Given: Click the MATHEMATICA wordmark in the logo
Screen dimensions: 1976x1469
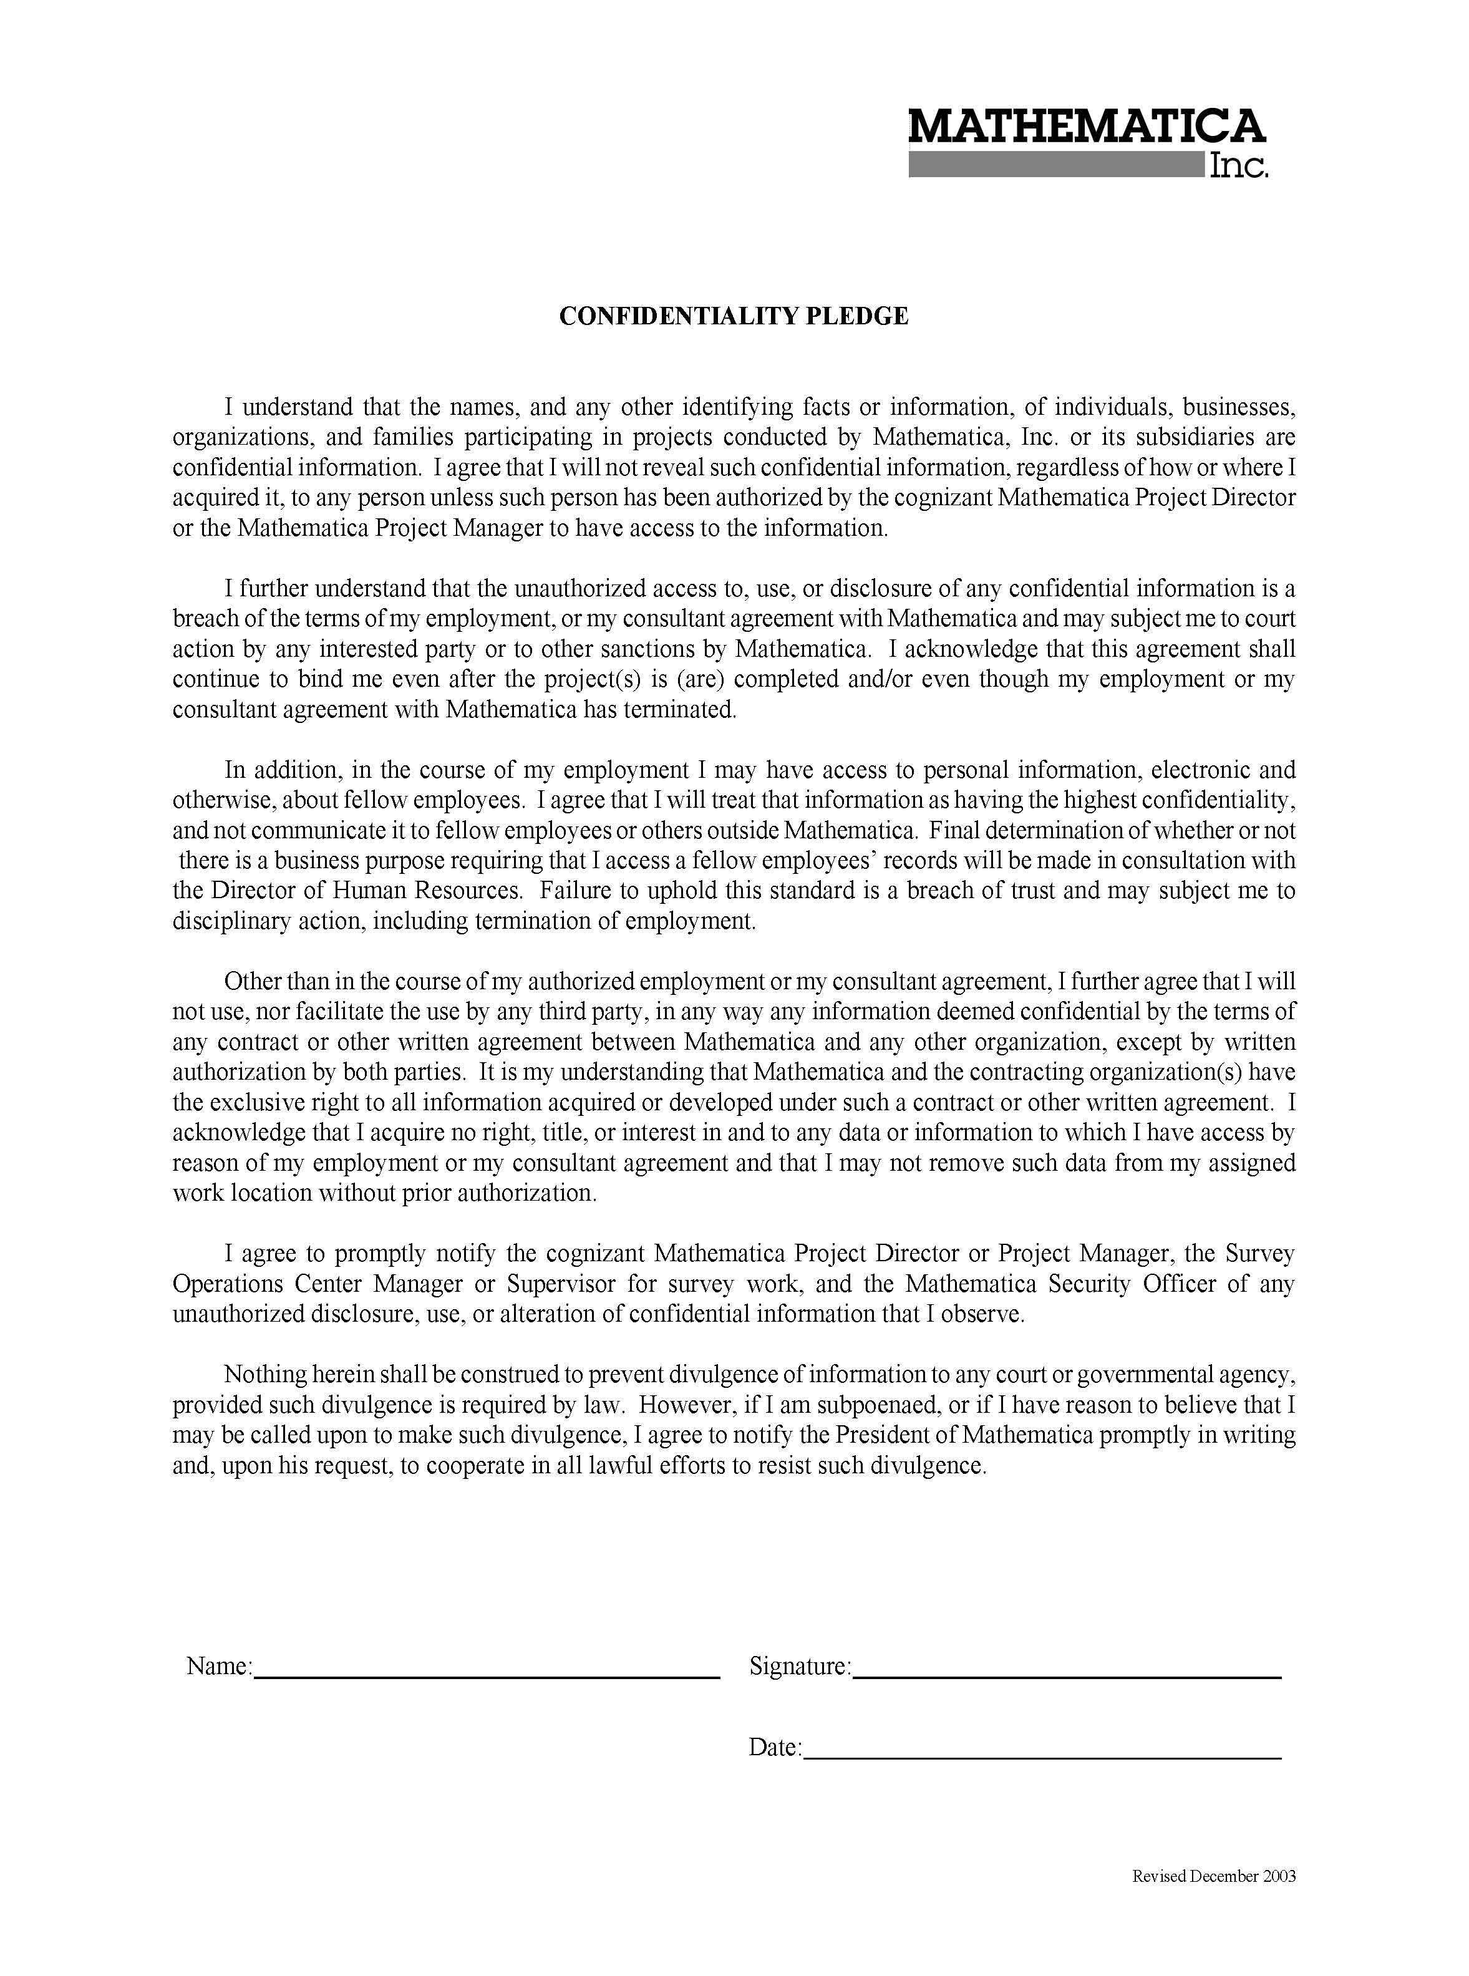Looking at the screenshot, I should coord(1086,127).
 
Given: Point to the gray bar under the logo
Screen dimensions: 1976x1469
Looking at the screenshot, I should coord(1055,165).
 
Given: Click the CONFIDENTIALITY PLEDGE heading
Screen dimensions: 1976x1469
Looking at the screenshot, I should coord(734,317).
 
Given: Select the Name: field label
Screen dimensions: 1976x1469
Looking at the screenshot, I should coord(220,1665).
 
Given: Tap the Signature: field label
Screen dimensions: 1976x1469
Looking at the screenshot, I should coord(800,1665).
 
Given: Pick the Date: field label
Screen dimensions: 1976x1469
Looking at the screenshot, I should coord(775,1748).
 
